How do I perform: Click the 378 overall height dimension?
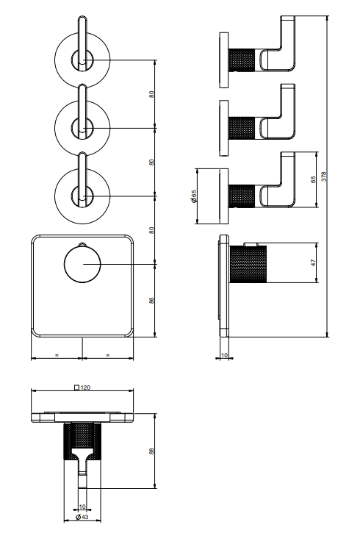tap(324, 176)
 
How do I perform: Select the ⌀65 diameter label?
tap(194, 196)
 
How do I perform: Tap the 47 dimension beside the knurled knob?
tap(314, 262)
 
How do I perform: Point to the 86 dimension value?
tap(151, 301)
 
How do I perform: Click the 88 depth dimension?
tap(151, 451)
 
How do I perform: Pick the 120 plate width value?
tap(86, 387)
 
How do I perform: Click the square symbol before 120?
tap(77, 387)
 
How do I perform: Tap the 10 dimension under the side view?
tap(224, 355)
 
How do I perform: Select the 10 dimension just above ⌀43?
tap(82, 507)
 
